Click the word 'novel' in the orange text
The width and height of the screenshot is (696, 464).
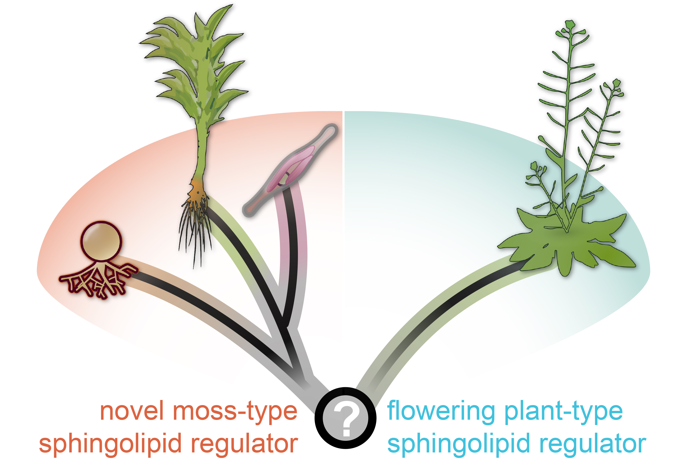click(132, 411)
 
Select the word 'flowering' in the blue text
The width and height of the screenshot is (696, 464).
click(441, 411)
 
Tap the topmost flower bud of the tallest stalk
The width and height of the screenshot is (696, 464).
click(569, 25)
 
